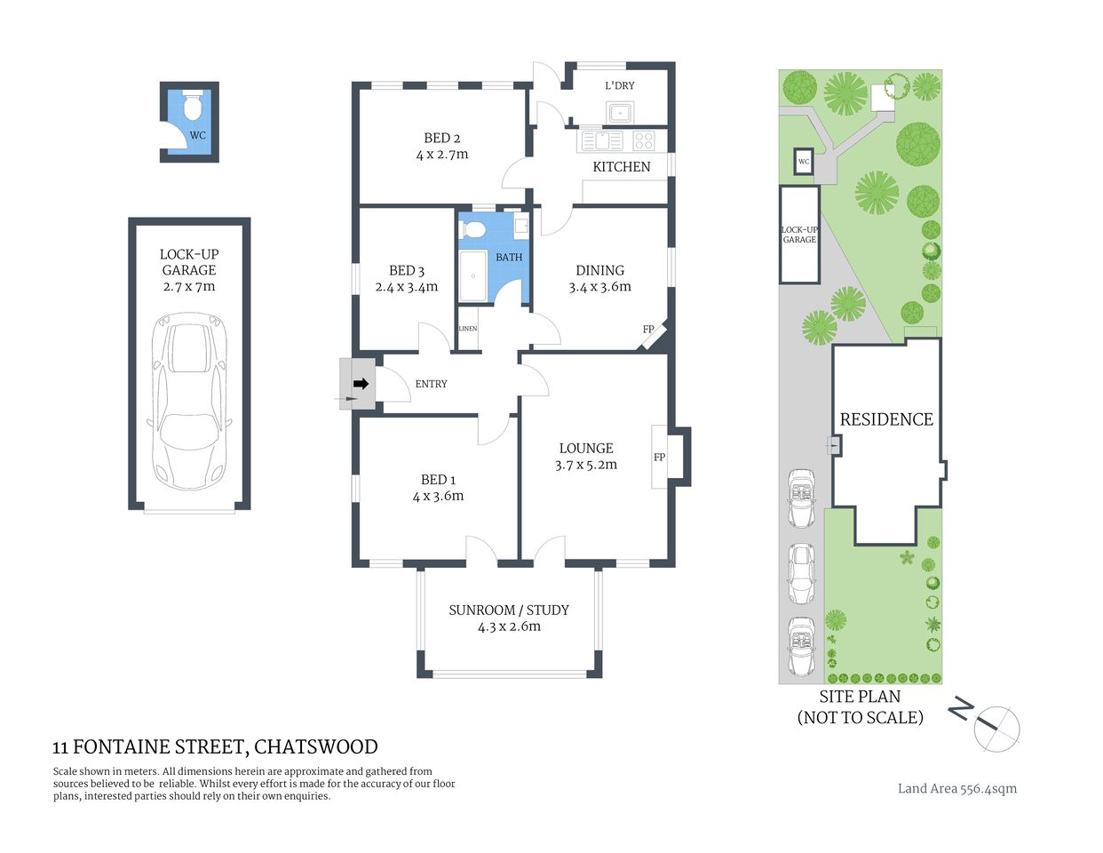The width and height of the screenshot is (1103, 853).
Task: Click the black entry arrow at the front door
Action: [x=361, y=384]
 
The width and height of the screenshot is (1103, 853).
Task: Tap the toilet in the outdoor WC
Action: [x=193, y=107]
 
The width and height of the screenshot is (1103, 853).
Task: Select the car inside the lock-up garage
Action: [x=189, y=400]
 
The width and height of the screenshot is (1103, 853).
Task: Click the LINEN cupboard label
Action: [x=468, y=329]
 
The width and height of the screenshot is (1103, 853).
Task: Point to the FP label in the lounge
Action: [x=660, y=458]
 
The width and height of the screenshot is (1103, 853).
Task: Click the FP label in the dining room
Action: [x=648, y=330]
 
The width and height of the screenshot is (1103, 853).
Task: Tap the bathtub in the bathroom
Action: [x=472, y=276]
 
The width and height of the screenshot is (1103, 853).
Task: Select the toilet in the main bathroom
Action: [x=474, y=229]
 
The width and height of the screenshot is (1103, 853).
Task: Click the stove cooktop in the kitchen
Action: [x=644, y=140]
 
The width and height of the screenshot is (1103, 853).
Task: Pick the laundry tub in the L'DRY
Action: [x=620, y=113]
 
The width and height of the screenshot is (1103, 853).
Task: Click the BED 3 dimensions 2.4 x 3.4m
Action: [x=407, y=287]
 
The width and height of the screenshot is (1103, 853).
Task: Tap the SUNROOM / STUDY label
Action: [x=509, y=610]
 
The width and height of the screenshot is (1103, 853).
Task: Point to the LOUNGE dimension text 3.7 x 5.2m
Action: [x=586, y=465]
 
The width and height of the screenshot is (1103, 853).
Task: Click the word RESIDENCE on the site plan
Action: [x=886, y=419]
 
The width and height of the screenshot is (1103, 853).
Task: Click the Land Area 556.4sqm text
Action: [x=957, y=788]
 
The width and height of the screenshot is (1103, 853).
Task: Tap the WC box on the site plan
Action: [x=804, y=162]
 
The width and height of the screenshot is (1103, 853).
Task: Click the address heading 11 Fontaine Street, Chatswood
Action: [x=216, y=747]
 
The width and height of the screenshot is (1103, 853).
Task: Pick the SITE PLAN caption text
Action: [x=860, y=698]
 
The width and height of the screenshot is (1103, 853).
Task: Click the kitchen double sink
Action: [x=602, y=140]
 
